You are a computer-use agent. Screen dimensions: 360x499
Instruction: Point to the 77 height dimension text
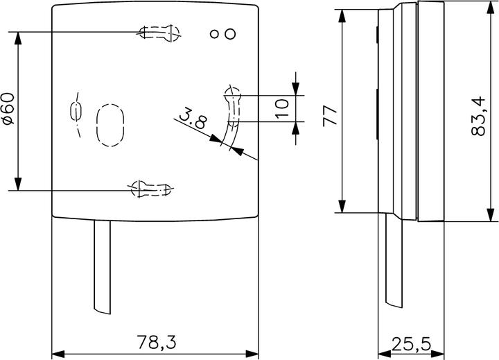(330, 114)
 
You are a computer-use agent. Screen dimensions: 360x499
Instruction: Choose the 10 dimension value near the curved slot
(282, 108)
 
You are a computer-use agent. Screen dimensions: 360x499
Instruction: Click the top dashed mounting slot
(159, 33)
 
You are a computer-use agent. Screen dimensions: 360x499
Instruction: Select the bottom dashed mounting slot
(150, 188)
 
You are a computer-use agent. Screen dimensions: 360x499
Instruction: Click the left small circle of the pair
(216, 33)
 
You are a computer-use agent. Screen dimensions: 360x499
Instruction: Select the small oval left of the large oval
(76, 111)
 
